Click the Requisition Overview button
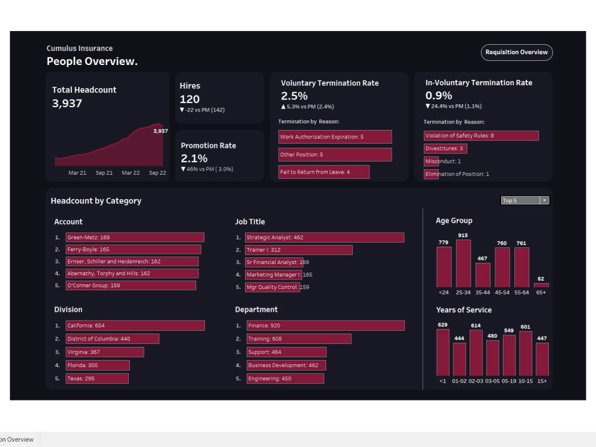click(x=517, y=52)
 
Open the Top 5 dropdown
click(x=525, y=200)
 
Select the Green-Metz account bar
click(x=135, y=237)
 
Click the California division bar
click(x=135, y=325)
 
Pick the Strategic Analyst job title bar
click(x=325, y=237)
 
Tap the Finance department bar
click(x=325, y=325)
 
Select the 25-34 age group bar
click(x=463, y=263)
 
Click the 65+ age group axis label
click(x=541, y=293)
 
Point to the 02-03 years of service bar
click(x=476, y=353)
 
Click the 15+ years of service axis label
click(x=542, y=381)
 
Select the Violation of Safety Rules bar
click(x=481, y=136)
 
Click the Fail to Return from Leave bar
click(x=324, y=172)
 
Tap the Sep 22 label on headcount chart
click(x=157, y=173)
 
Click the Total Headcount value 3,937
click(x=67, y=103)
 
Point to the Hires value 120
click(x=190, y=99)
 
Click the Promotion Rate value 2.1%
click(x=194, y=159)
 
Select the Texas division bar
click(x=97, y=378)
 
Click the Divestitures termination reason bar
click(x=445, y=148)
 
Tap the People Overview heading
click(x=92, y=61)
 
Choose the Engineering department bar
click(x=284, y=378)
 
